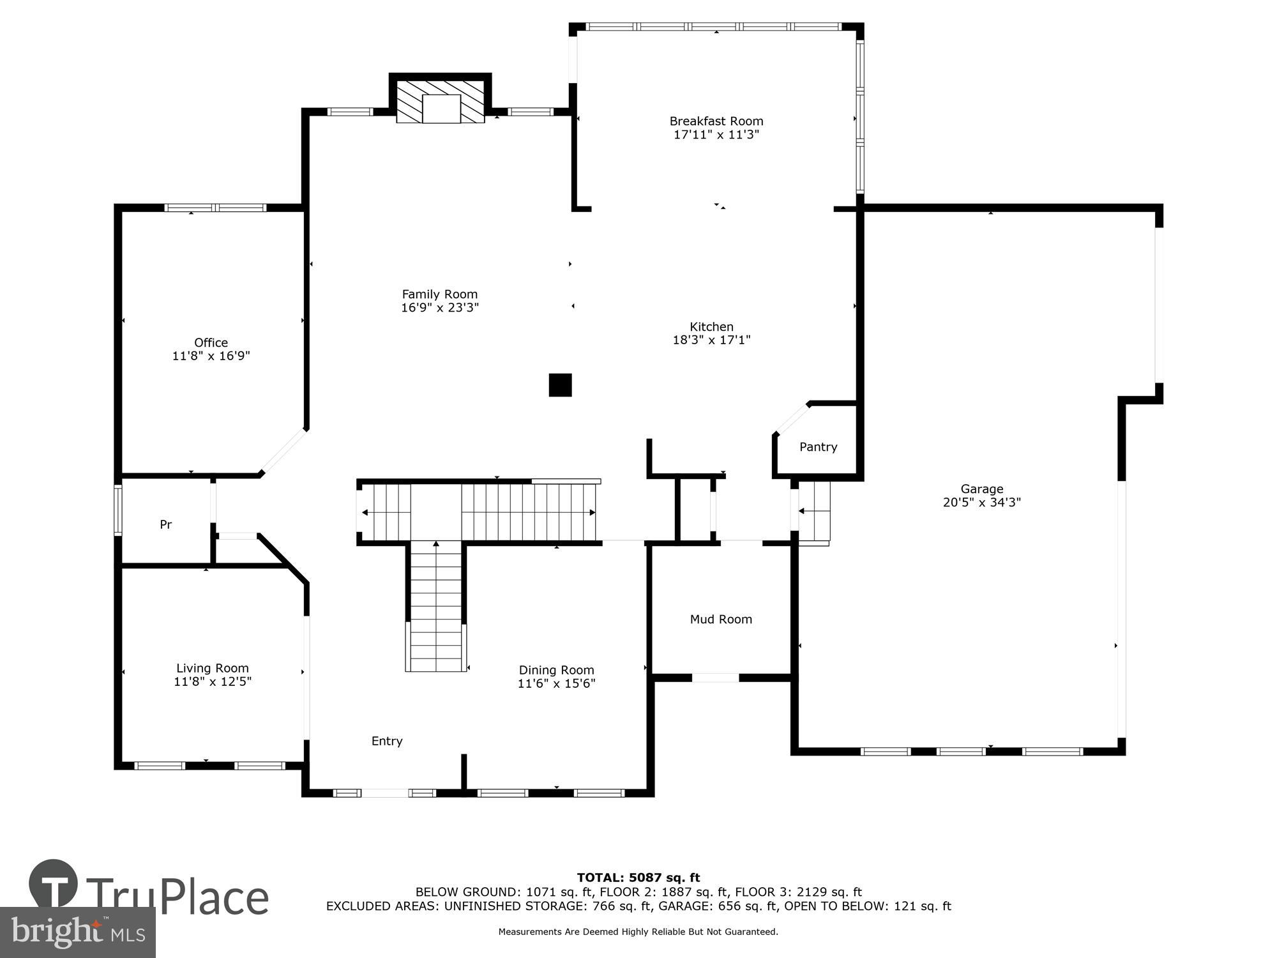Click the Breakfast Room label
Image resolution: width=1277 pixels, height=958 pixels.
[x=716, y=121]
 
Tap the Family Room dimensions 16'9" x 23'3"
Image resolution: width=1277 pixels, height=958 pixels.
[x=439, y=307]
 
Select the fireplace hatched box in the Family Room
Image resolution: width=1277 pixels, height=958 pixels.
[x=441, y=101]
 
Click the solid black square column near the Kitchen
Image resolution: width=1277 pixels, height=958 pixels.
[x=560, y=385]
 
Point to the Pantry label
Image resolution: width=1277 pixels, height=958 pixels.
[x=818, y=447]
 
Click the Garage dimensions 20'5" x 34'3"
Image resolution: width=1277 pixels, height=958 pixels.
[x=981, y=503]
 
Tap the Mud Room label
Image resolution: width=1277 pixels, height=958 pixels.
[x=721, y=619]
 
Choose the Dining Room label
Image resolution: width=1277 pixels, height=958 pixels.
[x=556, y=670]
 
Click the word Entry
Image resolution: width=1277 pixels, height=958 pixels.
[x=387, y=741]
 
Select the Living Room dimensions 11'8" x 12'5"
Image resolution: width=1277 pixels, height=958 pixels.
[x=213, y=681]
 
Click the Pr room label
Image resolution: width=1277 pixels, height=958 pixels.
[x=165, y=524]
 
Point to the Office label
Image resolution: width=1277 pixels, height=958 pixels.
[x=211, y=342]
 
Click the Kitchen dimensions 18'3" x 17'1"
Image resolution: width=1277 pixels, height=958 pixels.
[x=711, y=340]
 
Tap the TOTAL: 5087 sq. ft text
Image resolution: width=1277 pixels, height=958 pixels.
[x=638, y=878]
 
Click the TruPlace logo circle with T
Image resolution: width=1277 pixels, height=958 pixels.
[x=54, y=885]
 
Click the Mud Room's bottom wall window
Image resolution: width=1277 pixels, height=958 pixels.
[x=715, y=678]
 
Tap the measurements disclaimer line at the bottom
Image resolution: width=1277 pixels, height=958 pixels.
[x=638, y=932]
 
